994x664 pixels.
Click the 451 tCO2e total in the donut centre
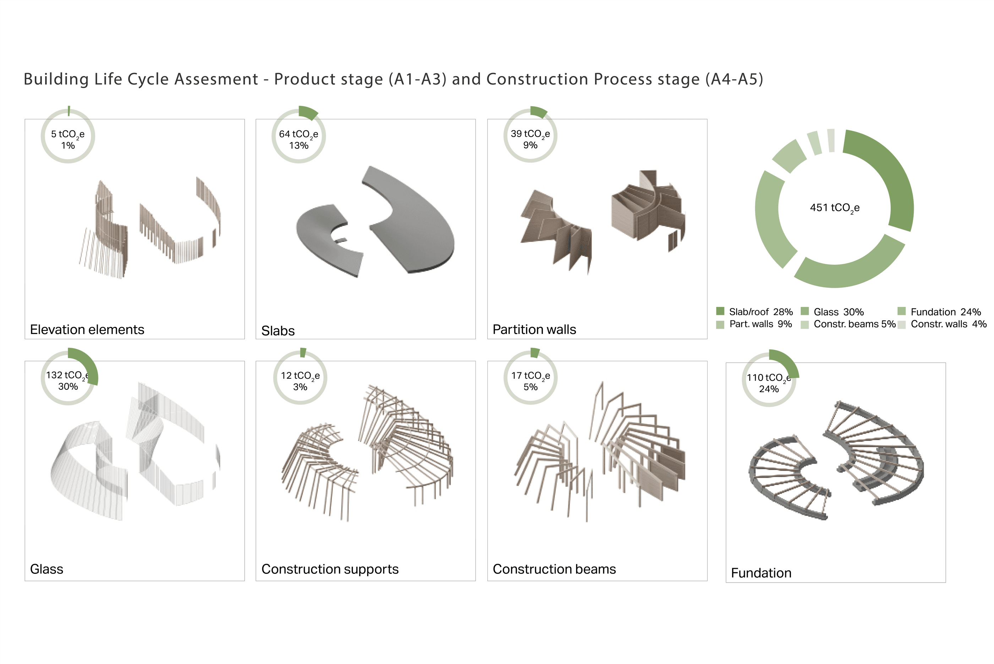(x=835, y=208)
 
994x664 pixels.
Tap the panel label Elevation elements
(x=87, y=329)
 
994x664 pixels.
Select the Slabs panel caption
(x=278, y=331)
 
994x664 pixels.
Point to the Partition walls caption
(x=534, y=329)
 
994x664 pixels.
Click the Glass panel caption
(x=47, y=569)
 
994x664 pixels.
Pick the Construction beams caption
(x=555, y=569)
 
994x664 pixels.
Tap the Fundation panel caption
(x=761, y=573)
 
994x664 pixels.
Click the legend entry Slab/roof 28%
(x=754, y=312)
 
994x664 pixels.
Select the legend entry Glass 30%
(x=832, y=312)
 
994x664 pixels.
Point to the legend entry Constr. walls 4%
(x=942, y=324)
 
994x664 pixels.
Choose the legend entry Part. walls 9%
(x=754, y=324)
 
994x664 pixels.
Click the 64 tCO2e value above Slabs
(x=298, y=135)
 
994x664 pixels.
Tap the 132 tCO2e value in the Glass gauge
(x=67, y=376)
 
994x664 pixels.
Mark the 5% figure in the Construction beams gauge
(x=530, y=387)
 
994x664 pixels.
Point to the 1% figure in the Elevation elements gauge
(x=68, y=145)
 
